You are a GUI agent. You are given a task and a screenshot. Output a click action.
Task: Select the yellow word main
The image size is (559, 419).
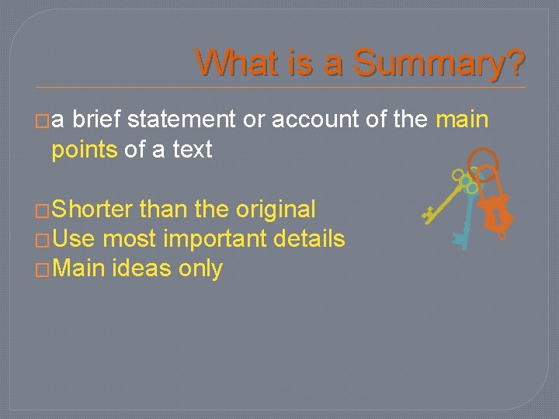point(463,119)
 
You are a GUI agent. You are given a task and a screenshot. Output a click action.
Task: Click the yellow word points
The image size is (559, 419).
point(84,149)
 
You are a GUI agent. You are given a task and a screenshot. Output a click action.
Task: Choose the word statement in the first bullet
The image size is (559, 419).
point(181,119)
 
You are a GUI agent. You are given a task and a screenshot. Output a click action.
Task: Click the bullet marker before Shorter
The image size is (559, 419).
point(44,210)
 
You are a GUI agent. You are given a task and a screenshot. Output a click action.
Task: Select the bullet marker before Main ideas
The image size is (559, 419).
point(44,270)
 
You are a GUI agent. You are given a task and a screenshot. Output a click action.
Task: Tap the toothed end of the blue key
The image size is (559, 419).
point(461,239)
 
